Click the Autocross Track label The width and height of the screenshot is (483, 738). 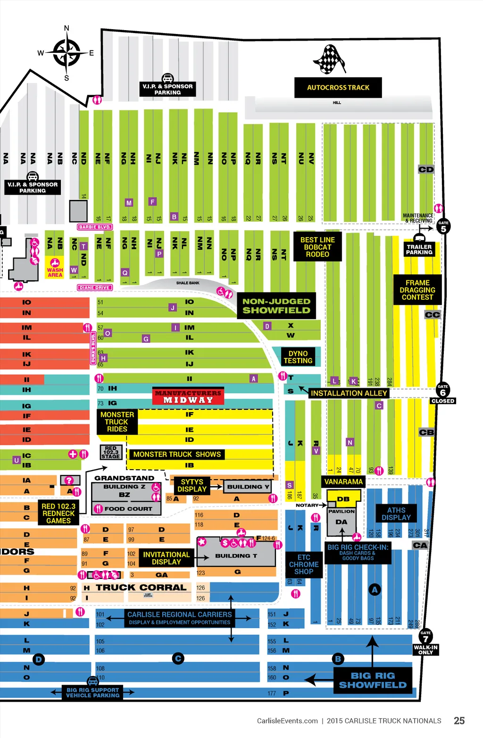click(x=338, y=88)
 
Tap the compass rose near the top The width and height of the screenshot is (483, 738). click(x=67, y=52)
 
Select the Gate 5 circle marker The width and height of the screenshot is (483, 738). click(x=443, y=227)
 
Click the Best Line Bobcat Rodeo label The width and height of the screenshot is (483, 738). click(x=317, y=247)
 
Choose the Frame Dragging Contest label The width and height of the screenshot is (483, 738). click(x=417, y=290)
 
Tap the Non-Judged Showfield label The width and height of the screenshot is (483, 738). click(x=276, y=306)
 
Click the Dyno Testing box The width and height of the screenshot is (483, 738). click(x=298, y=357)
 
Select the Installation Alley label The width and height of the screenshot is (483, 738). click(x=349, y=393)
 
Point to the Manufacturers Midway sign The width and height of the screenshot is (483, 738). click(x=188, y=397)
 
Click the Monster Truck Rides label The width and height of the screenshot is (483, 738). click(x=117, y=422)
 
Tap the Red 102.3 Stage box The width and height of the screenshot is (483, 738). click(x=111, y=452)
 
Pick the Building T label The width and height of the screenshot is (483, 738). click(x=236, y=556)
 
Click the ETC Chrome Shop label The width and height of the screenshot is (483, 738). click(x=304, y=564)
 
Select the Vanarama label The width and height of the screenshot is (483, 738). click(x=343, y=481)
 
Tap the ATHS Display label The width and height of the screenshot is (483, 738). click(x=396, y=514)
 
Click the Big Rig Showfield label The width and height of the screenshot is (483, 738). click(x=373, y=680)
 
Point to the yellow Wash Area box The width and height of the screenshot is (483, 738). click(x=55, y=268)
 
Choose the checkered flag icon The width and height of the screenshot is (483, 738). click(x=330, y=59)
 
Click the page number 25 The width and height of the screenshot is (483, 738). click(x=459, y=721)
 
